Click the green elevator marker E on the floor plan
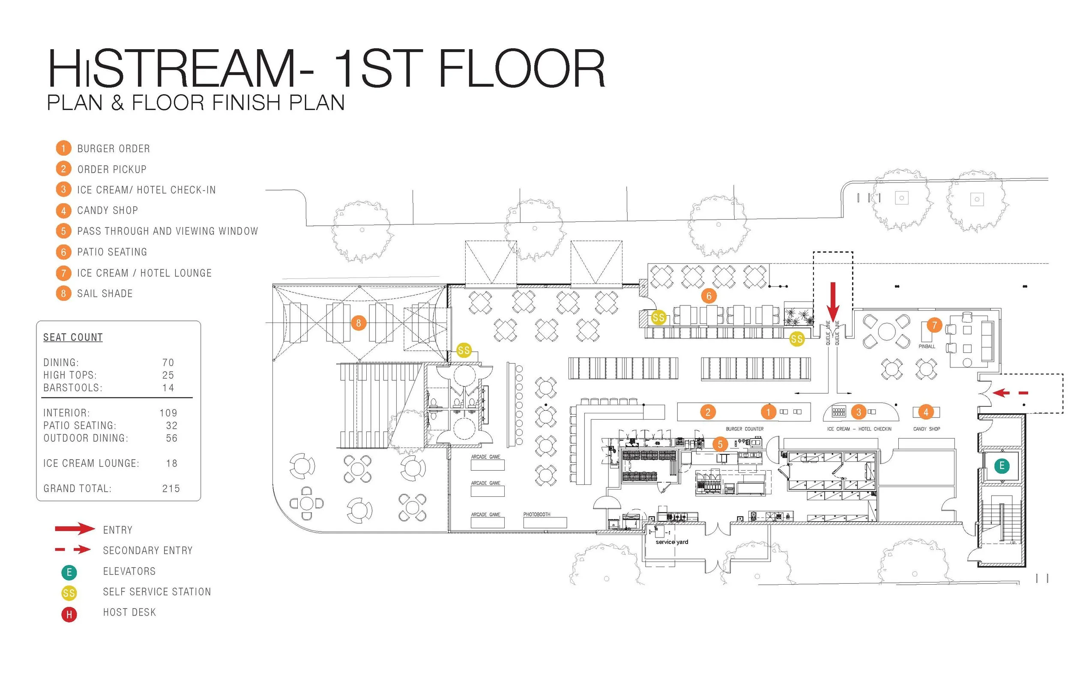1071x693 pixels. point(1002,466)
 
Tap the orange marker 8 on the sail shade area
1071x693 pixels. point(358,323)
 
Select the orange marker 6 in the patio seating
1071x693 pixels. point(708,296)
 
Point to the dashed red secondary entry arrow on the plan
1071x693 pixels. point(1010,393)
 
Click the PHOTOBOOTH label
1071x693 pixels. point(536,514)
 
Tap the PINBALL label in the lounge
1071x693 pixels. point(927,346)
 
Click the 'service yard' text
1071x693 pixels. point(672,542)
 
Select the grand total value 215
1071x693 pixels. point(171,489)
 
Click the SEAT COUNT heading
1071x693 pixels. point(73,338)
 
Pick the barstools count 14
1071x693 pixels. point(168,388)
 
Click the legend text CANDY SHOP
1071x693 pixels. point(108,211)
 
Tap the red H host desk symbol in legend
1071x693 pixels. point(69,614)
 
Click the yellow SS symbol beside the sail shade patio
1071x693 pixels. point(464,350)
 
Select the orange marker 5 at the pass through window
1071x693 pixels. point(720,444)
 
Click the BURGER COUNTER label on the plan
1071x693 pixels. point(744,429)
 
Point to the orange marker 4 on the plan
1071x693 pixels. point(926,412)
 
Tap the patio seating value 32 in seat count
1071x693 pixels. point(171,426)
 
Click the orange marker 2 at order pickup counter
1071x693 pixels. point(708,412)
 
